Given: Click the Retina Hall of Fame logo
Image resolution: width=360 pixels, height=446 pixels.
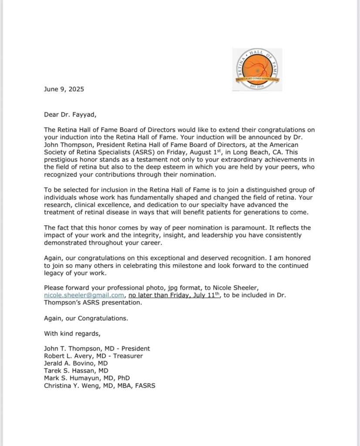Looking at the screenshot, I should coord(257,70).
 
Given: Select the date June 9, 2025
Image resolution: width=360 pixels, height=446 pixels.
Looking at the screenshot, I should coord(64,89).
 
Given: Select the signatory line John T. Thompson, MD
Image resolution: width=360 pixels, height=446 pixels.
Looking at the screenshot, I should coord(97,348).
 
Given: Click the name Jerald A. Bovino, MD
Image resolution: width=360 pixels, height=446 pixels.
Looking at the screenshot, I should coord(76,363).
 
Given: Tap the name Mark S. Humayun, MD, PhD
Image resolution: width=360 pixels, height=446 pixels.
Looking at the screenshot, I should coord(87,378).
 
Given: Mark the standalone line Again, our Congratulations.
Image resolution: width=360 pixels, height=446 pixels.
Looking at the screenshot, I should coord(86,318).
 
